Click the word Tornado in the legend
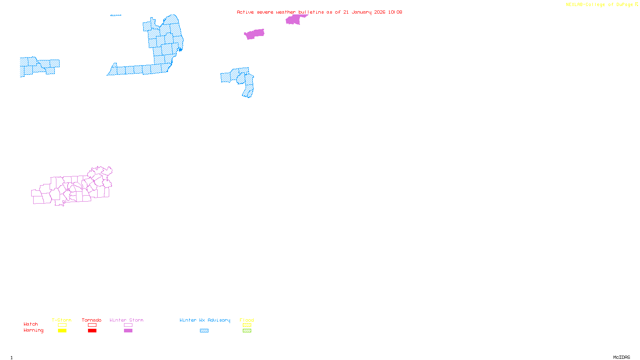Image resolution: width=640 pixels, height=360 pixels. click(92, 320)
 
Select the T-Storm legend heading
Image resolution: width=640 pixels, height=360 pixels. click(62, 320)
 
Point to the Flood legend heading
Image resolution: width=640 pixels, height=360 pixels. click(247, 320)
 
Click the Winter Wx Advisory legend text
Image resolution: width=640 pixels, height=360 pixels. click(205, 320)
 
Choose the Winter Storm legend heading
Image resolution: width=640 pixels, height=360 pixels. click(126, 320)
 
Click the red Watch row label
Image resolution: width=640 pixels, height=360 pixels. click(31, 324)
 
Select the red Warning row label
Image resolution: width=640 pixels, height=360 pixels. click(34, 330)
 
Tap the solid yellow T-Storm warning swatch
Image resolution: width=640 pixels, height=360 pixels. click(62, 331)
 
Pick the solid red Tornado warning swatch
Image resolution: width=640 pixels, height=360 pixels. click(92, 331)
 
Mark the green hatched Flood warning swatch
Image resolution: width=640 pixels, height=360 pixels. click(247, 331)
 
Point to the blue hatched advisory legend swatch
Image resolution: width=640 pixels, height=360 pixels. click(204, 331)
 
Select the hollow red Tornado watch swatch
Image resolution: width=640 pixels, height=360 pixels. click(92, 325)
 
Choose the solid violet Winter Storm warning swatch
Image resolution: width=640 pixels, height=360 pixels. click(128, 331)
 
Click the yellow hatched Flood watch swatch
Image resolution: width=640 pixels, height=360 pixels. click(247, 325)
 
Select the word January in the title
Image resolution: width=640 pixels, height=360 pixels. click(361, 12)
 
